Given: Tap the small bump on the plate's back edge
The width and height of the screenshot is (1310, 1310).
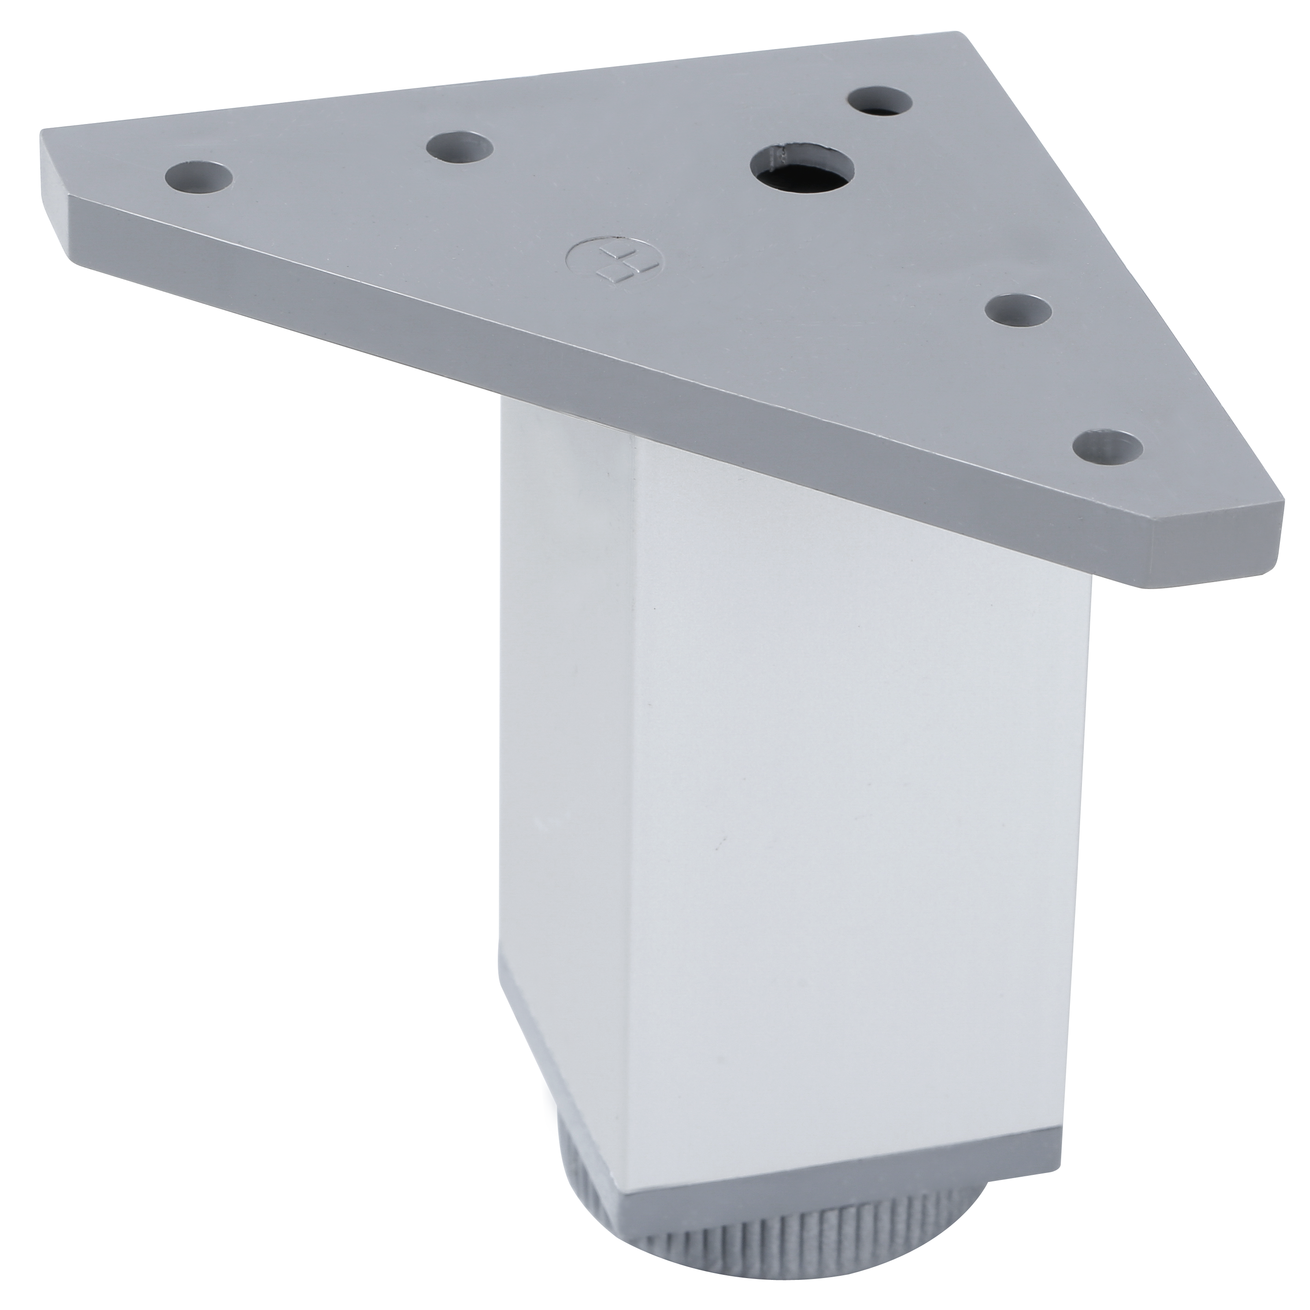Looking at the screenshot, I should pyautogui.click(x=316, y=100).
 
